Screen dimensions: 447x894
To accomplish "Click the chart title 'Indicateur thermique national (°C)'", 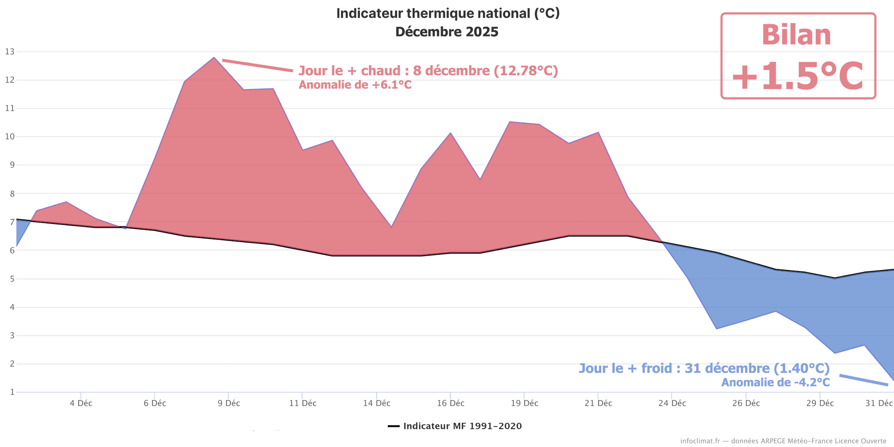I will point(447,14).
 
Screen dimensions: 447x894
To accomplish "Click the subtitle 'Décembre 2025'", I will point(447,32).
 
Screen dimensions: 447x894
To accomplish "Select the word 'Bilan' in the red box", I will point(796,35).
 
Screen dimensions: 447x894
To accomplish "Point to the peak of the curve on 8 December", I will point(214,58).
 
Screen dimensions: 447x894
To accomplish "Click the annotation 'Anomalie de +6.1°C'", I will point(355,85).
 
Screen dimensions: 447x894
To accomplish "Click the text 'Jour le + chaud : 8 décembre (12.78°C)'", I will point(428,71).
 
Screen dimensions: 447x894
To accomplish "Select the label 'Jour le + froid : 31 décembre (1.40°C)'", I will point(704,368).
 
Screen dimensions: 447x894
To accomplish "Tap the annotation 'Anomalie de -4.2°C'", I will point(775,382).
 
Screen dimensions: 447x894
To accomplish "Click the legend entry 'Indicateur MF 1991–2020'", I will point(462,426).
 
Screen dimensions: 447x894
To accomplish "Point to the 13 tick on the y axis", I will point(10,52).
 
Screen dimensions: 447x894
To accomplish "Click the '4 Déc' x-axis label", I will point(81,403).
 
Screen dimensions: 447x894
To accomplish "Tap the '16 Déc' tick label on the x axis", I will point(450,403).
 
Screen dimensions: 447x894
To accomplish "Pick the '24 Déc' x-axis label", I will point(672,403).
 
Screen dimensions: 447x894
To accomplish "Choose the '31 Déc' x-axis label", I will point(879,403).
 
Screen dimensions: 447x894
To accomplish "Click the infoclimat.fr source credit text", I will point(783,441).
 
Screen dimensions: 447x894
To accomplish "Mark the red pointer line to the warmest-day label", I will point(257,66).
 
